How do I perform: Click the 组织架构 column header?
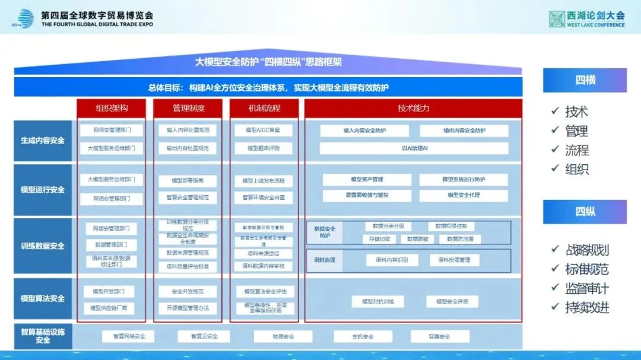point(112,109)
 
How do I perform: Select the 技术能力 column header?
point(413,109)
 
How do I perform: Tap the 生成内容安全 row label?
point(43,141)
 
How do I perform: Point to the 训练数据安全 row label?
point(43,246)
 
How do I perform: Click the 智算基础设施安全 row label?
point(43,336)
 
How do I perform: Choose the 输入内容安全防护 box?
point(364,130)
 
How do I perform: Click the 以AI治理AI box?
point(414,148)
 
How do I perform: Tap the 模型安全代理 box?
point(464,195)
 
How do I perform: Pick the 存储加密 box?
point(379,239)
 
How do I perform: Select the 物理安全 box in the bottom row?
point(283,336)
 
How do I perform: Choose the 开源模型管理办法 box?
point(188,308)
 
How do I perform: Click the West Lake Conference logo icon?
point(556,19)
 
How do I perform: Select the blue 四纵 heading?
point(585,212)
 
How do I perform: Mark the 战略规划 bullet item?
point(586,250)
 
